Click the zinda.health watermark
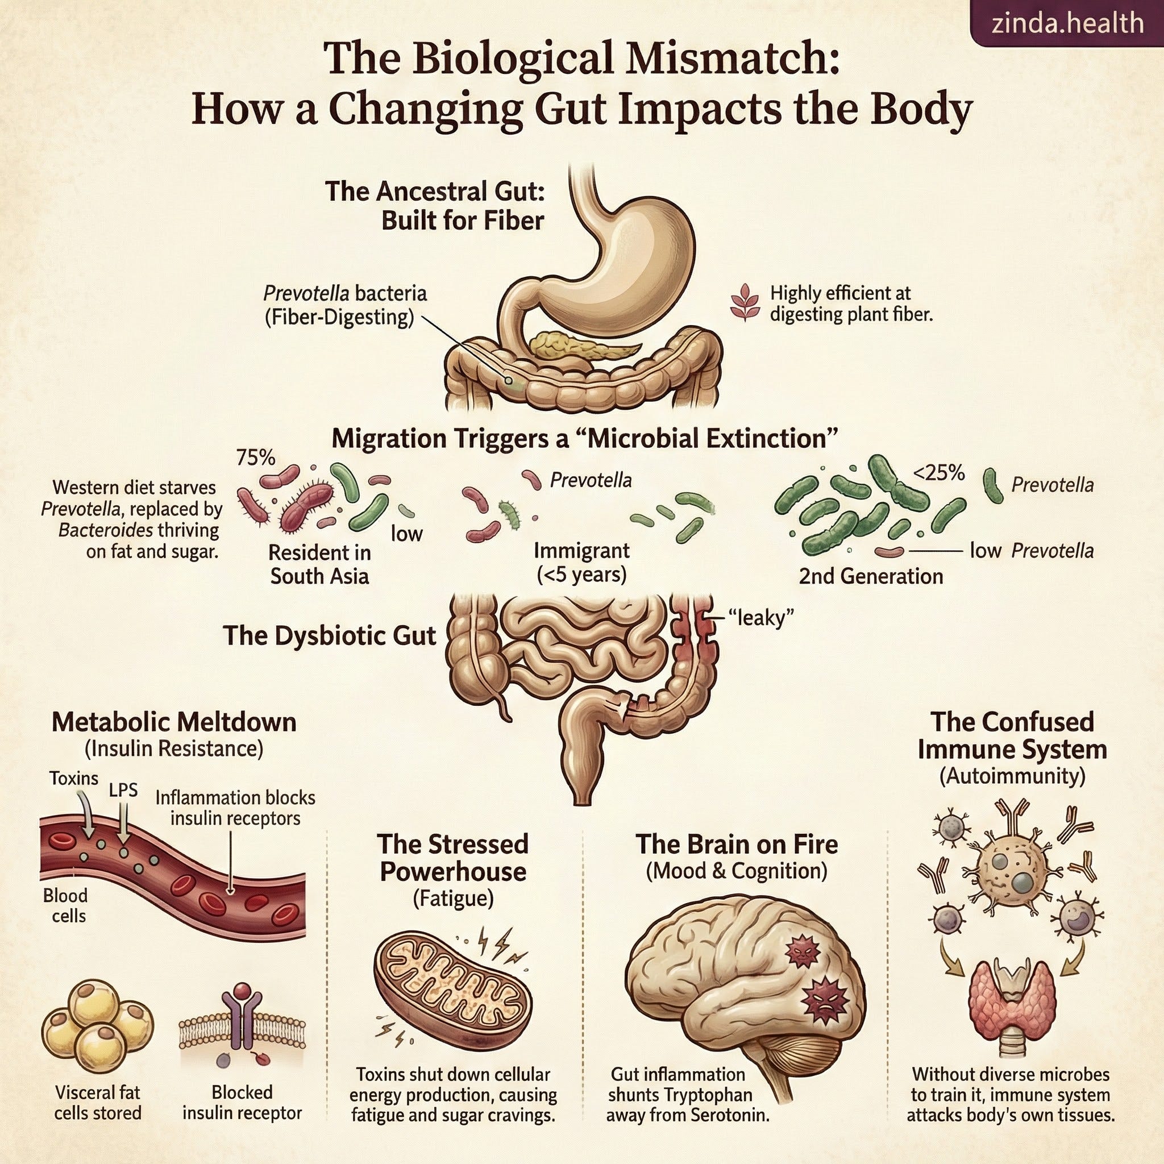tap(1067, 23)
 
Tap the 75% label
tap(255, 458)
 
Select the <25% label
tap(939, 473)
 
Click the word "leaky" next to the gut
tap(761, 618)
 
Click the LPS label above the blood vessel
tap(123, 790)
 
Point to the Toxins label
tap(73, 779)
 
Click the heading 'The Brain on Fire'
tap(736, 844)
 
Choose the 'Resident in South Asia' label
tap(319, 564)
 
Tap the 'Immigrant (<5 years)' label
tap(581, 562)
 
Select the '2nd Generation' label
tap(871, 576)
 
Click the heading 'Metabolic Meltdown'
tap(174, 722)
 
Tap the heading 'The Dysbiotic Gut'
tap(330, 635)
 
